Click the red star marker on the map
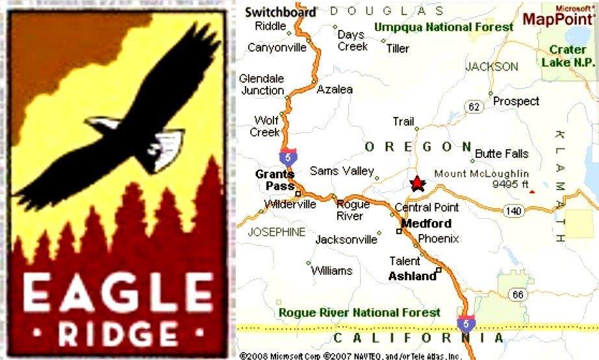(417, 184)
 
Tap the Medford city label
(426, 224)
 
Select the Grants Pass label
(274, 180)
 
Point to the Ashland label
(412, 276)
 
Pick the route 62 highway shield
(473, 106)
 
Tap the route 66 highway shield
(517, 295)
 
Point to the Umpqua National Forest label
(444, 27)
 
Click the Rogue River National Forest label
(359, 313)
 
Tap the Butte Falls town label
(502, 154)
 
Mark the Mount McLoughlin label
(481, 174)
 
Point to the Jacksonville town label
(346, 240)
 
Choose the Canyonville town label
(276, 47)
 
